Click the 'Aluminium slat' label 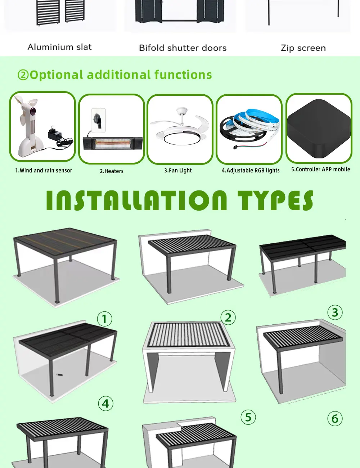click(x=60, y=47)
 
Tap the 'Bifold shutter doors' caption click(x=183, y=48)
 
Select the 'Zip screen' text click(x=303, y=48)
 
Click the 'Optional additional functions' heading click(x=121, y=75)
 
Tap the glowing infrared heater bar click(x=113, y=143)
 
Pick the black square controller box click(x=319, y=129)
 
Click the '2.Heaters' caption click(x=112, y=171)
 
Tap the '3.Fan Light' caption click(x=178, y=170)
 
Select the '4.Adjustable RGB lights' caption click(x=251, y=170)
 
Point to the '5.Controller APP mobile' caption click(x=321, y=169)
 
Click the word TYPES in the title click(x=276, y=200)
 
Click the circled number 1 click(x=105, y=319)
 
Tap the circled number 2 click(x=228, y=318)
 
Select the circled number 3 click(x=335, y=312)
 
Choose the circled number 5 click(x=248, y=417)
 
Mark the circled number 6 click(x=335, y=419)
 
